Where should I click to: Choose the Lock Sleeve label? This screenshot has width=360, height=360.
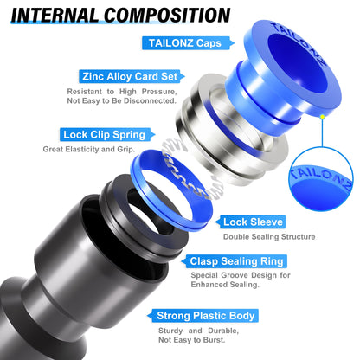click(x=253, y=222)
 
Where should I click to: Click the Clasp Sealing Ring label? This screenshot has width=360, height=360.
click(x=235, y=260)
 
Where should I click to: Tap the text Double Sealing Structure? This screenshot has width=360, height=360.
click(x=269, y=236)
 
